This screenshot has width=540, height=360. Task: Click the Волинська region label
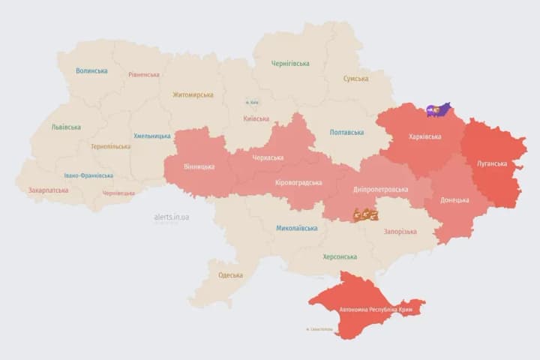pyautogui.click(x=91, y=71)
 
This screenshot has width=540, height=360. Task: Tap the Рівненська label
pyautogui.click(x=143, y=75)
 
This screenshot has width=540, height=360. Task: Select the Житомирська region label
pyautogui.click(x=193, y=95)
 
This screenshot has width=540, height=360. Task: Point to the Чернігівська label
pyautogui.click(x=290, y=64)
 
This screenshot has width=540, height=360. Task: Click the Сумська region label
pyautogui.click(x=355, y=79)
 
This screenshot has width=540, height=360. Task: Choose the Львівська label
pyautogui.click(x=66, y=127)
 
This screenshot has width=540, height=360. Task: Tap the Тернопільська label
pyautogui.click(x=110, y=147)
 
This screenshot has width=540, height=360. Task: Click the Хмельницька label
pyautogui.click(x=152, y=136)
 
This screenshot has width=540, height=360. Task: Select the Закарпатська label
pyautogui.click(x=48, y=190)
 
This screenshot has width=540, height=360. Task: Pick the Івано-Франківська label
pyautogui.click(x=88, y=175)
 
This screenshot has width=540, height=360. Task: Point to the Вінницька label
pyautogui.click(x=199, y=166)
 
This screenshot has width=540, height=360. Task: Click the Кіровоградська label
pyautogui.click(x=298, y=182)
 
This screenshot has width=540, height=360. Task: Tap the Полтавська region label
pyautogui.click(x=346, y=133)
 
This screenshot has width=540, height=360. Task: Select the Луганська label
pyautogui.click(x=492, y=163)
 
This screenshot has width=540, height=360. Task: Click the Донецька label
pyautogui.click(x=454, y=200)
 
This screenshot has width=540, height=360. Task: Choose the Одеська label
pyautogui.click(x=230, y=275)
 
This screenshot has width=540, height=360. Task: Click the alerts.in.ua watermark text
pyautogui.click(x=172, y=217)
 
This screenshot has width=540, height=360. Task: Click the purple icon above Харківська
pyautogui.click(x=438, y=110)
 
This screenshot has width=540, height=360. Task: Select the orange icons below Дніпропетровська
pyautogui.click(x=365, y=214)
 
